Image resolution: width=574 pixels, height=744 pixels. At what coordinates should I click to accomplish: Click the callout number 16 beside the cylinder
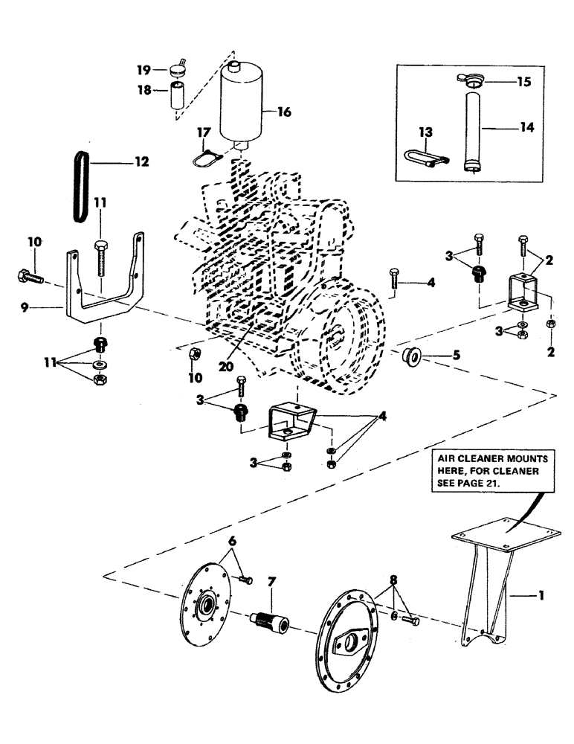point(284,112)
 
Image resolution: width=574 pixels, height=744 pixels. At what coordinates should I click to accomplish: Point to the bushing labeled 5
point(409,356)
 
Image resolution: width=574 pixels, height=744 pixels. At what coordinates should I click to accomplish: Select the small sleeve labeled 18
point(178,96)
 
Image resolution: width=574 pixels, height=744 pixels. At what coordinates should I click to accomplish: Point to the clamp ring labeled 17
point(204,156)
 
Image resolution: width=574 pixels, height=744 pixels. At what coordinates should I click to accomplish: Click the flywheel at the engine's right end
point(349,327)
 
